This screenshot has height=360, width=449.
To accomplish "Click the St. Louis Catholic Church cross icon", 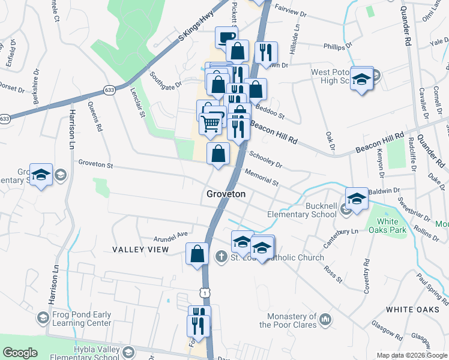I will pos(221,257).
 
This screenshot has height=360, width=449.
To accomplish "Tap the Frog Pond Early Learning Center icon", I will pos(42,317).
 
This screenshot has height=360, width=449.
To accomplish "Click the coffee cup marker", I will pos(226,37).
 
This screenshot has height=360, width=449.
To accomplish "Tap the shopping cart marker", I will pos(210,123).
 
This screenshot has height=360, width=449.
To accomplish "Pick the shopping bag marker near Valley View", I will pos(197,254).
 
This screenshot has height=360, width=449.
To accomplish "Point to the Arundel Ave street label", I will pos(171,234).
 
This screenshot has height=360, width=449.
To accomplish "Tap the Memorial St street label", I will pos(262,177).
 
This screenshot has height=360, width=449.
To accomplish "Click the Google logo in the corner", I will pos(20,353).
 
